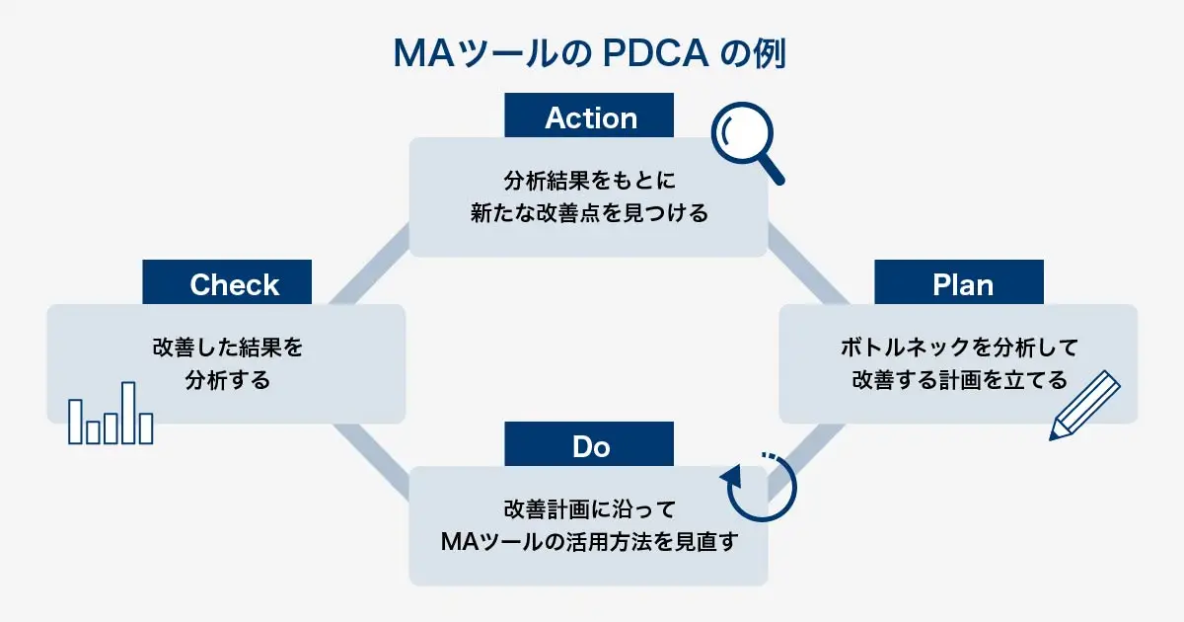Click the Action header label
(590, 117)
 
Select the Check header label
(234, 284)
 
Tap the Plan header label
(962, 284)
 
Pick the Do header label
(590, 446)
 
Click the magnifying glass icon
(747, 144)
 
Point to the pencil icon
(1084, 405)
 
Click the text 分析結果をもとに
(589, 181)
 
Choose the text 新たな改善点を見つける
(589, 212)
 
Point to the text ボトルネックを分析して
(959, 348)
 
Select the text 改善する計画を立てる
(959, 379)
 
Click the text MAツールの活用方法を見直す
(589, 541)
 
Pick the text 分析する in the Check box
(227, 379)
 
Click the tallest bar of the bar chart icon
(127, 413)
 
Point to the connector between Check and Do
(370, 460)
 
